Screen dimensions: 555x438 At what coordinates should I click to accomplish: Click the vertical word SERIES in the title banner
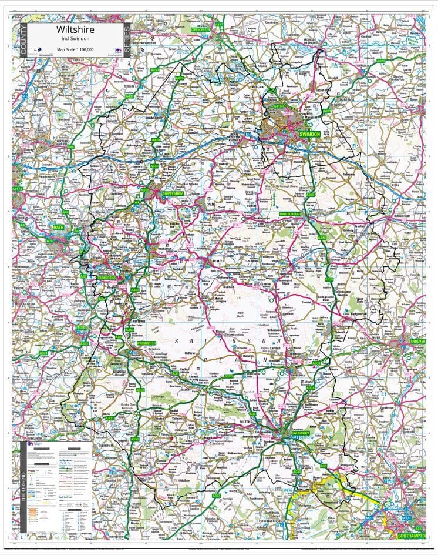pos(127,40)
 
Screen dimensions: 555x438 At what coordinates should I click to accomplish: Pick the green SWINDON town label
pos(309,135)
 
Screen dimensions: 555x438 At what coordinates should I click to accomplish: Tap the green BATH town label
pos(59,227)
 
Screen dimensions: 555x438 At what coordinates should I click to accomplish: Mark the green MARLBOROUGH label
pos(290,214)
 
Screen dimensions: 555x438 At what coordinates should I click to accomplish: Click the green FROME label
pos(81,327)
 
